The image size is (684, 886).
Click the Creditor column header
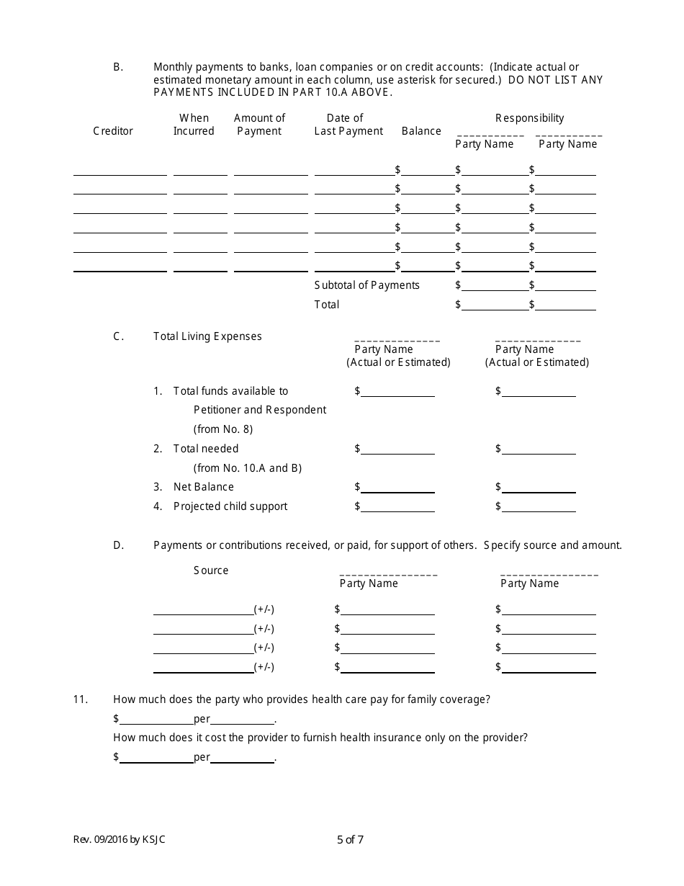113,131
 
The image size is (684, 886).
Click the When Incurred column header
194,125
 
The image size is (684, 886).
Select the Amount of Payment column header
259,125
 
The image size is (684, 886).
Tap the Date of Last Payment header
348,125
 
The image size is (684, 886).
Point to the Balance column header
421,131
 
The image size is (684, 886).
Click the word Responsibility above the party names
529,118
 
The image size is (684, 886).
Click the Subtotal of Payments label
366,285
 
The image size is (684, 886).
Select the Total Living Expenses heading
207,336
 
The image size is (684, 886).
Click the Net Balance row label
204,487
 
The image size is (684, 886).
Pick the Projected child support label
230,506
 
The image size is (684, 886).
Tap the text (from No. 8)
223,429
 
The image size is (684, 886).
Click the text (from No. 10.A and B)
247,468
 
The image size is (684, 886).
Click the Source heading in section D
211,570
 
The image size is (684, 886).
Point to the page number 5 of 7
355,839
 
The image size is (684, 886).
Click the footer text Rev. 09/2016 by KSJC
123,839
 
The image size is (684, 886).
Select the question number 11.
80,699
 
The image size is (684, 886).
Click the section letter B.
118,67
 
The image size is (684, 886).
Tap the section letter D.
119,545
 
